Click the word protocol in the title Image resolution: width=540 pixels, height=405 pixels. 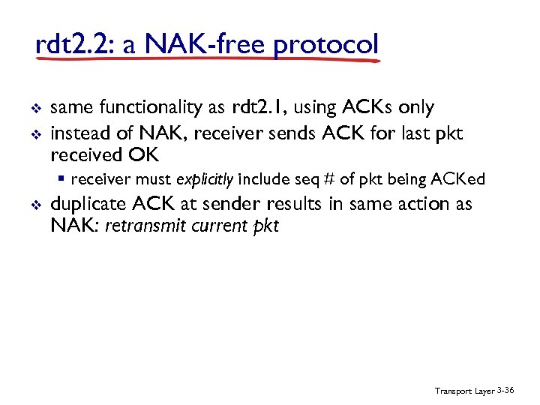(326, 45)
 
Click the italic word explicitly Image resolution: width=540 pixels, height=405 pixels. (204, 180)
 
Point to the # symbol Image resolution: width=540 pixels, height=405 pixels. (329, 180)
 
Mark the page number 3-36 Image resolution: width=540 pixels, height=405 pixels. (505, 391)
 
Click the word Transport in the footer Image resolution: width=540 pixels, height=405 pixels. (453, 391)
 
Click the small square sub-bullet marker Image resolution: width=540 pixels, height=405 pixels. (64, 180)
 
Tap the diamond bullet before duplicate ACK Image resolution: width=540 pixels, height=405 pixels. (37, 205)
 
